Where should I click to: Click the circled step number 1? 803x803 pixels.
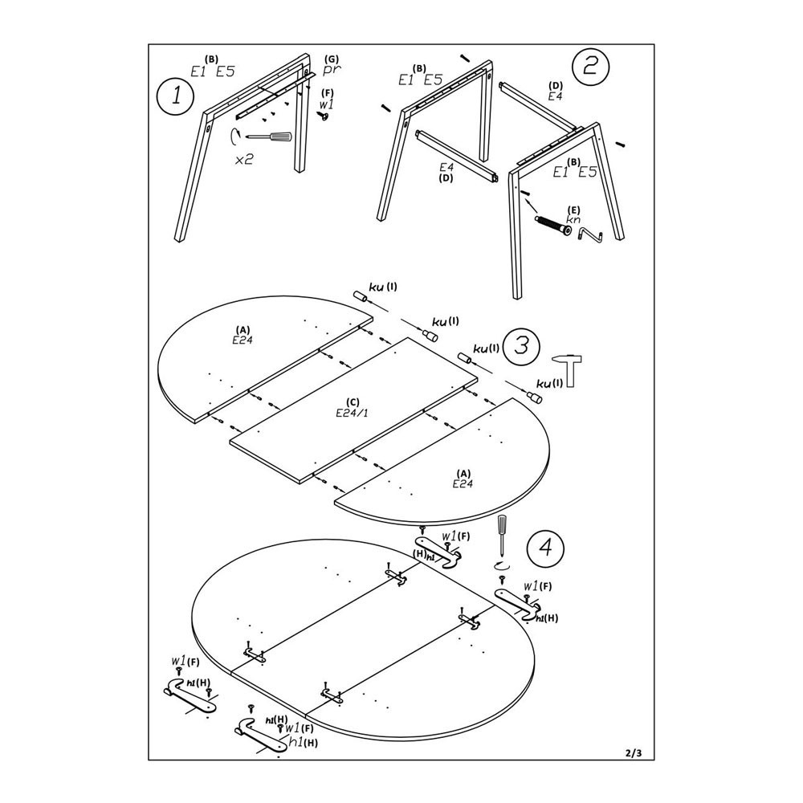pos(175,99)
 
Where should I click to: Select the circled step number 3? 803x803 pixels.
pos(520,345)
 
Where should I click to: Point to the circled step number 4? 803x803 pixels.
pos(544,548)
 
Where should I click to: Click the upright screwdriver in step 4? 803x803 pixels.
pos(501,535)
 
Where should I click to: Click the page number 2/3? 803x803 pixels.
pos(633,752)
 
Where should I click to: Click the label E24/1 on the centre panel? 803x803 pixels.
pos(351,413)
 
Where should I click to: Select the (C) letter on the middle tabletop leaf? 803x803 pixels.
pos(351,401)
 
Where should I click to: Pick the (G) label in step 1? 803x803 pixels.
pos(332,59)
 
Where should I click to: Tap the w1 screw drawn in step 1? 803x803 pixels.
pos(324,116)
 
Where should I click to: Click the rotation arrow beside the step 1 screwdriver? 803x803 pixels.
pos(235,137)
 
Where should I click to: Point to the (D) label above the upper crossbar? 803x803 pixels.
pos(555,85)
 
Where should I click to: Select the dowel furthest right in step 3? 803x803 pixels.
pos(536,397)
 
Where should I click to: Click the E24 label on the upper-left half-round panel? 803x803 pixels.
pos(243,340)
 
